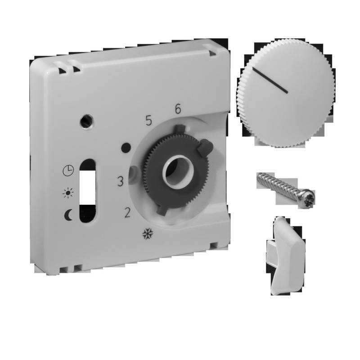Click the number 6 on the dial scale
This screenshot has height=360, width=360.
pos(178,109)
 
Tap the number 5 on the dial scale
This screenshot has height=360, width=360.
pos(148,120)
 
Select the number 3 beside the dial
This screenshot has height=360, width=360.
pos(120,182)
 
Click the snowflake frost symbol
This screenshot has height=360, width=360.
pos(146,234)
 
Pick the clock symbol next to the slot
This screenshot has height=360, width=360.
pos(68,171)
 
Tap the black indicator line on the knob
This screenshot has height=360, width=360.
pos(270,81)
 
